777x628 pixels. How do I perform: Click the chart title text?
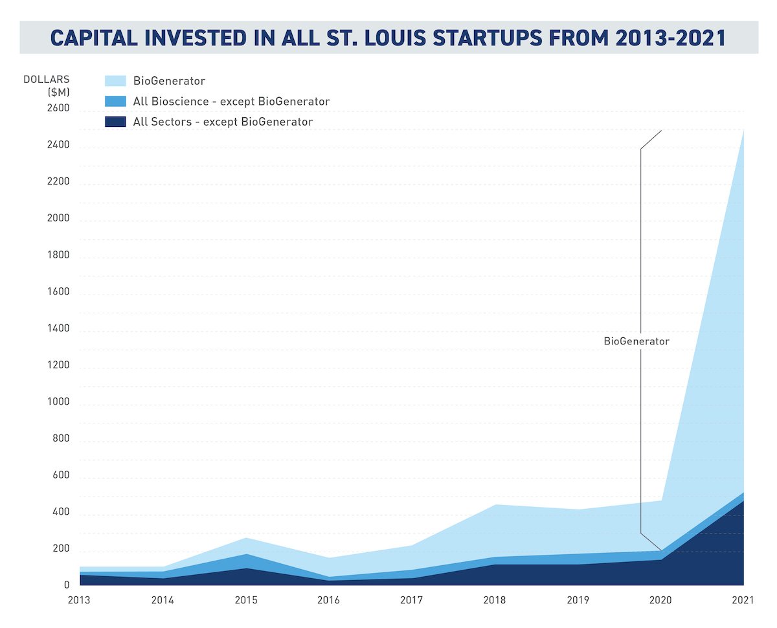(388, 37)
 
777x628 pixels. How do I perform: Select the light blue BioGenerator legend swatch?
(115, 81)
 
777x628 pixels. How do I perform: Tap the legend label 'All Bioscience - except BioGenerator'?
(231, 102)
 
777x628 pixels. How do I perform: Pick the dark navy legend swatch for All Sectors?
(115, 122)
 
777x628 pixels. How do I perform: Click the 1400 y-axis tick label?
(56, 329)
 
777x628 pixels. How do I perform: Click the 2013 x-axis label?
(79, 600)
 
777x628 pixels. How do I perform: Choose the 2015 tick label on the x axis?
(245, 600)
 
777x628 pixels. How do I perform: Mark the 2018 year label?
(495, 600)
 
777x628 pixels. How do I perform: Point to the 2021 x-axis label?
(743, 600)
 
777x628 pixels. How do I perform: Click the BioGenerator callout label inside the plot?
(636, 341)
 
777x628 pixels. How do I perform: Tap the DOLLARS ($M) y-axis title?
(47, 85)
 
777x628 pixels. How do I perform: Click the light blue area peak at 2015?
(245, 539)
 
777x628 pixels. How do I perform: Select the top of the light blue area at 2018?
(495, 505)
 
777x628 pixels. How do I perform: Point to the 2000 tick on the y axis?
(56, 219)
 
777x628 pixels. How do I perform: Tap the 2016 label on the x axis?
(328, 600)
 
